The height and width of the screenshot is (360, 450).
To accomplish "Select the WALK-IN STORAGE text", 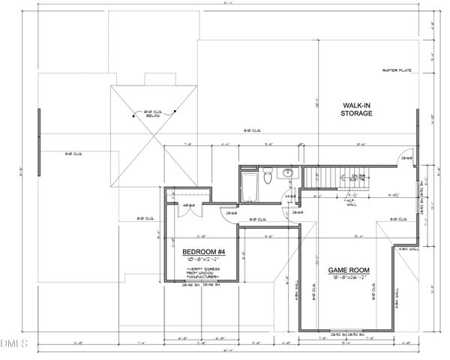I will (x=357, y=110).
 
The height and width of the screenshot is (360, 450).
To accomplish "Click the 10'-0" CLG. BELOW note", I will (x=155, y=114).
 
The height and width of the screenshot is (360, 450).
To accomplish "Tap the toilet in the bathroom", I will (x=268, y=178).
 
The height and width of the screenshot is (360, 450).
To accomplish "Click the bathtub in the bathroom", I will (x=248, y=187).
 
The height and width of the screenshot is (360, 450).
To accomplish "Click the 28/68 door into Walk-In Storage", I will (x=406, y=158).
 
